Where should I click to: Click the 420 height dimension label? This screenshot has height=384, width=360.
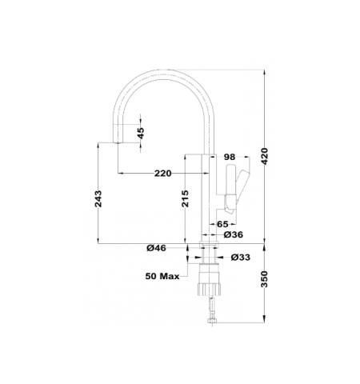click(264, 156)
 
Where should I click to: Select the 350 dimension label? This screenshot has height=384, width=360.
click(264, 279)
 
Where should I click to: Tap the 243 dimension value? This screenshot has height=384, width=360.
click(98, 198)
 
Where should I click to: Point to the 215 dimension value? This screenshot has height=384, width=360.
click(185, 198)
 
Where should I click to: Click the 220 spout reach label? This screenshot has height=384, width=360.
click(163, 174)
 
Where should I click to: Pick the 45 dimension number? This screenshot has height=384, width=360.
click(141, 133)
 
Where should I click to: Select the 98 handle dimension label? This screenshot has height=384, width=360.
click(230, 157)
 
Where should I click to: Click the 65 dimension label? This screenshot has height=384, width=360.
click(222, 224)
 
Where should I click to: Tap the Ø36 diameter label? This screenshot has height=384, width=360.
click(234, 234)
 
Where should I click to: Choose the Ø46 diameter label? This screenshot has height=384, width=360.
click(156, 248)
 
